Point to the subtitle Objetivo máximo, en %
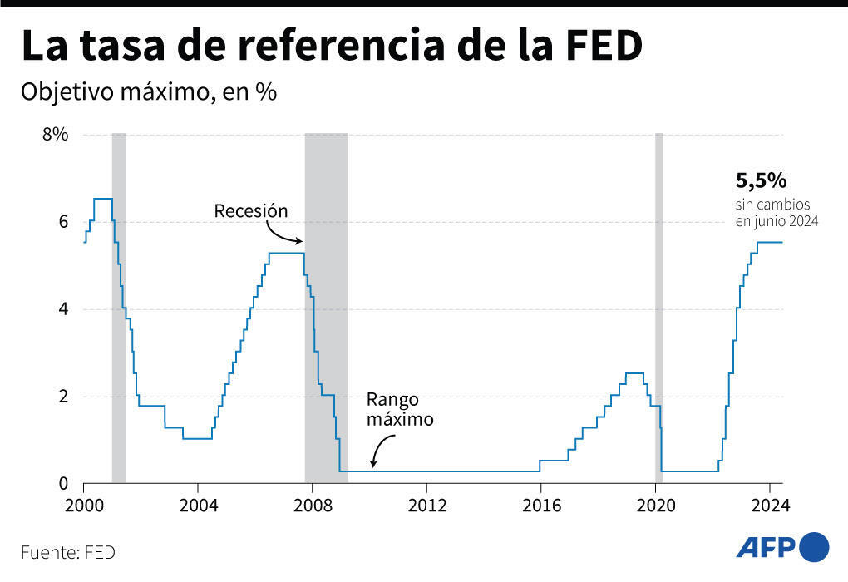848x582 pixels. point(149,91)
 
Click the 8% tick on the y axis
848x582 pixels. point(55,135)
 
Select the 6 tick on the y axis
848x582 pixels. point(62,222)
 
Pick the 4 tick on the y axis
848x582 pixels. point(62,309)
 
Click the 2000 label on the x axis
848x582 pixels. point(83,505)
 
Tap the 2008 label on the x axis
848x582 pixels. point(312,505)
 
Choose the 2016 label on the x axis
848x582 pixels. point(540,505)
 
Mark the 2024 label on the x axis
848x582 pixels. point(768,505)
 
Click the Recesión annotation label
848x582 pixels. point(251,210)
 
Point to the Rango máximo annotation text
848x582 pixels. point(401,409)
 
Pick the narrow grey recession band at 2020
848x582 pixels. point(658,308)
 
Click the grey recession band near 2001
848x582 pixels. point(119,308)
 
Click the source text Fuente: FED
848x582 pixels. point(68,551)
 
